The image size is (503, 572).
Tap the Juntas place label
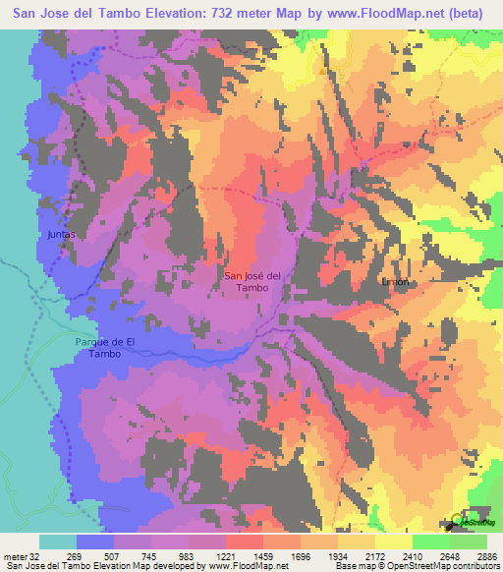coord(61,236)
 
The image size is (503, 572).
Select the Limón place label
coord(394,281)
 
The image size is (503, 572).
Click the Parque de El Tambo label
coord(101,347)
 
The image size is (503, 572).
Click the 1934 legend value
coord(338,555)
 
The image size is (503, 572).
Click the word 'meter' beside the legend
coord(13,555)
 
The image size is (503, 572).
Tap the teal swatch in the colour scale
coord(58,542)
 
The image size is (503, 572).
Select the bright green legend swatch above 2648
coord(431,542)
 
